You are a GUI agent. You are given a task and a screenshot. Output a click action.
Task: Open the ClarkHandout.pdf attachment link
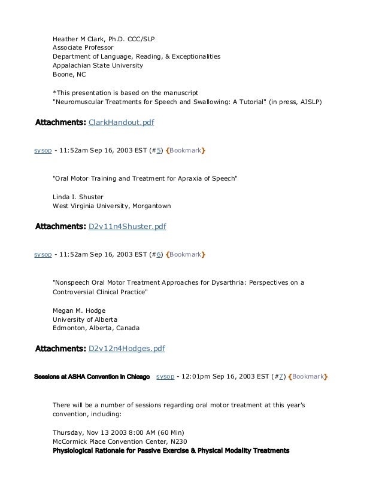[x=121, y=123]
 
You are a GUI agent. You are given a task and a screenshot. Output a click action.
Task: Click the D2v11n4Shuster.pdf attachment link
[x=127, y=227]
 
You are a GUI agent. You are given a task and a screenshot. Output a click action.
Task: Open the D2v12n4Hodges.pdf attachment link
[x=126, y=348]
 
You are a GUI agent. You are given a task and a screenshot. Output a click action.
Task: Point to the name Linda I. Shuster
[x=78, y=196]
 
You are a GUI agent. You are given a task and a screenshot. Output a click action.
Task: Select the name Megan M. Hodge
[x=79, y=310]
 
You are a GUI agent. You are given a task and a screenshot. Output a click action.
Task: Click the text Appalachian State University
[x=98, y=65]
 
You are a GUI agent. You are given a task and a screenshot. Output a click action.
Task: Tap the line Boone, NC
[x=69, y=75]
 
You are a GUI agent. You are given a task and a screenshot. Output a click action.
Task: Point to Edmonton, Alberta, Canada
[x=96, y=328]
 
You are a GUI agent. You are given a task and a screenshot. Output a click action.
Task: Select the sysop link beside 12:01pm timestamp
[x=164, y=377]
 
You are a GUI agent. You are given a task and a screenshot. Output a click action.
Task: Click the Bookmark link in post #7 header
[x=308, y=377]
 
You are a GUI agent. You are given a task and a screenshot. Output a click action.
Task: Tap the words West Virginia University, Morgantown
[x=111, y=206]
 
